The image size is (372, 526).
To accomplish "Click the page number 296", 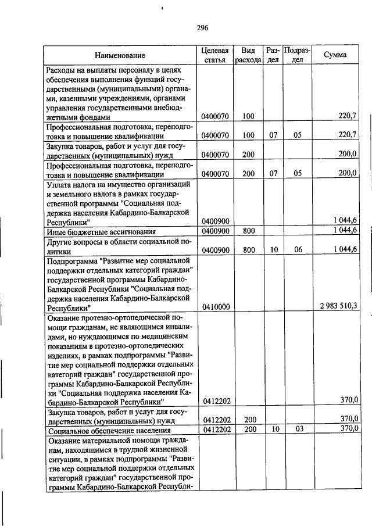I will coord(202,27).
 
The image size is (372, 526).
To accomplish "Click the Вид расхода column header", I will coord(248,55).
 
